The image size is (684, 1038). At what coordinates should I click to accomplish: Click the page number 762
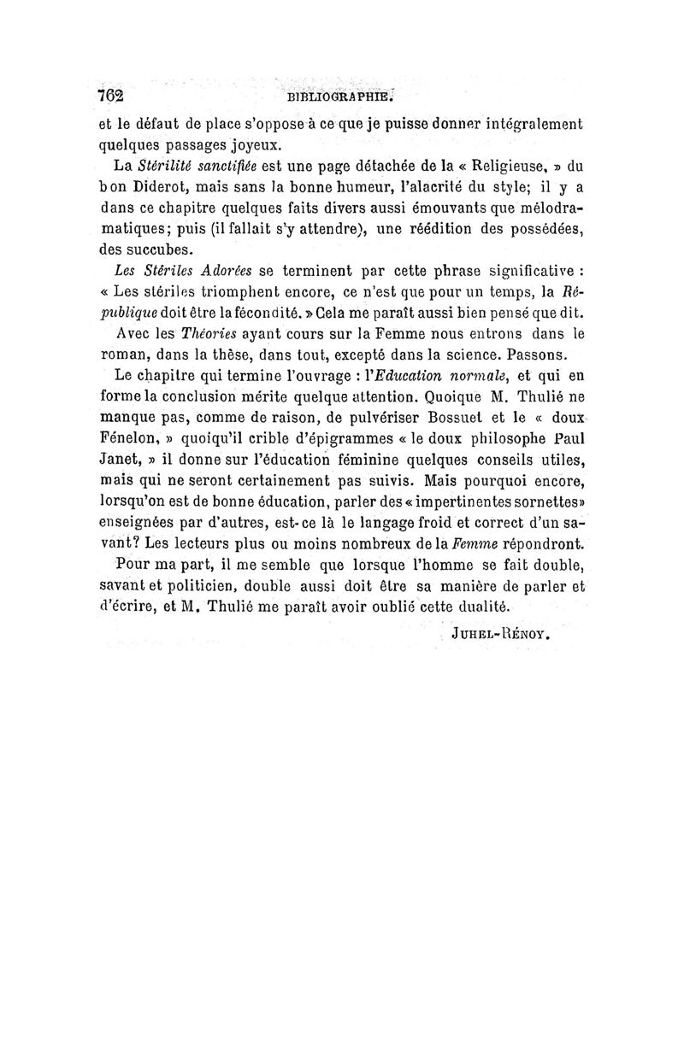[x=112, y=96]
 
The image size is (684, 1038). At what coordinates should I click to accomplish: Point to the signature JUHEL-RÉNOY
[x=500, y=635]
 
